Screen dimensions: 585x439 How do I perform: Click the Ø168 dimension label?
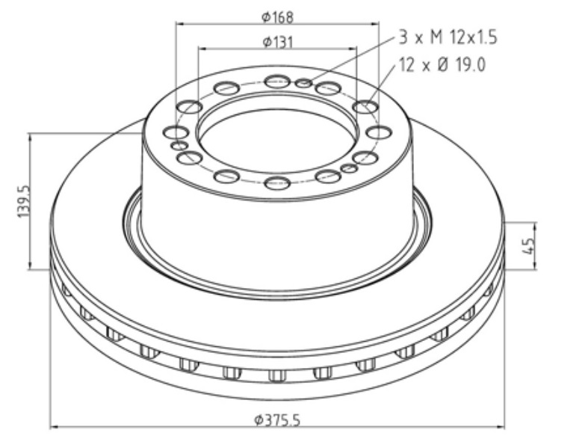[x=277, y=16]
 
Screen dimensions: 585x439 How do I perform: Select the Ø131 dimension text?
[x=278, y=42]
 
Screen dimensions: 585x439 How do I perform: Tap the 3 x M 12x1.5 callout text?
[x=448, y=37]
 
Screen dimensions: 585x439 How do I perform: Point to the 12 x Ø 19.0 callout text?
[x=442, y=65]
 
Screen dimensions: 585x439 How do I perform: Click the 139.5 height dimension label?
[x=23, y=202]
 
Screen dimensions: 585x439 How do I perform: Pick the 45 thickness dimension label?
[x=529, y=246]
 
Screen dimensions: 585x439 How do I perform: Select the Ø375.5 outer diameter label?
[x=277, y=420]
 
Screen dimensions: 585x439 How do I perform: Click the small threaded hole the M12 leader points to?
[x=303, y=83]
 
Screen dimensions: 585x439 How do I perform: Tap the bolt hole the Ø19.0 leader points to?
[x=365, y=107]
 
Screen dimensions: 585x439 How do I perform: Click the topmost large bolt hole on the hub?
[x=278, y=82]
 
